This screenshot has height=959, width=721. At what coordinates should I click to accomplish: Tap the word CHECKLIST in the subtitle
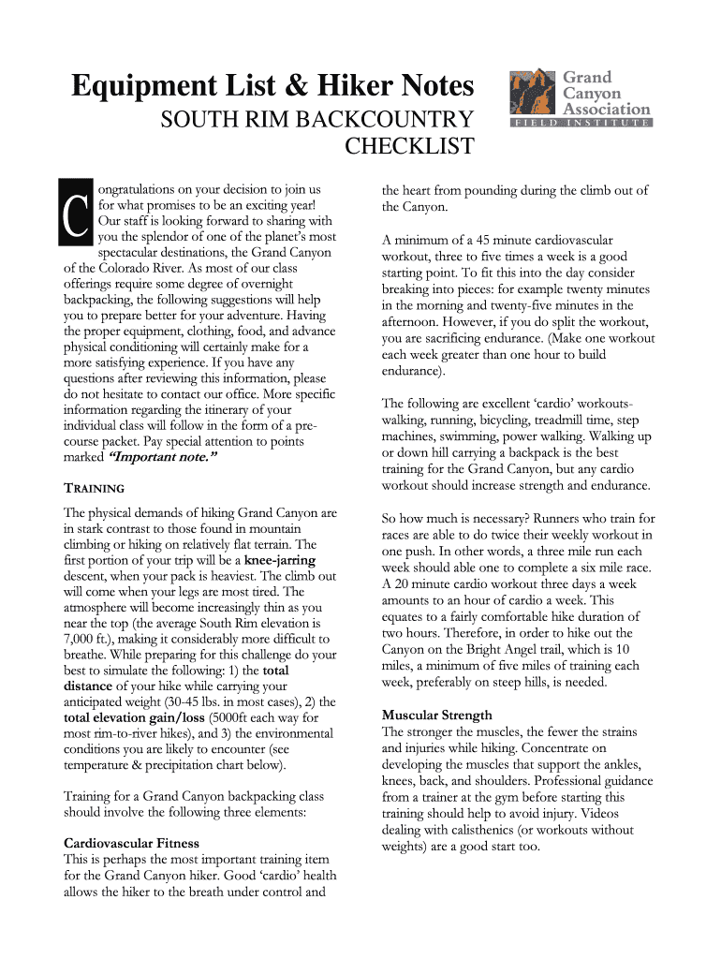click(410, 147)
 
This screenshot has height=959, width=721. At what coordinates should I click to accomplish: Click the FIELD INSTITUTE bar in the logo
click(580, 123)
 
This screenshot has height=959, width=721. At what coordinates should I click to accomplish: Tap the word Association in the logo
click(606, 109)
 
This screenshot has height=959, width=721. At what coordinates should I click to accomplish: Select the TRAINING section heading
click(94, 489)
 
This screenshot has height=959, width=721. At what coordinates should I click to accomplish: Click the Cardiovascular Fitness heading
click(130, 843)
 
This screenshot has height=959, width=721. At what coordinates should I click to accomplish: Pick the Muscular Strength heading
click(437, 716)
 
